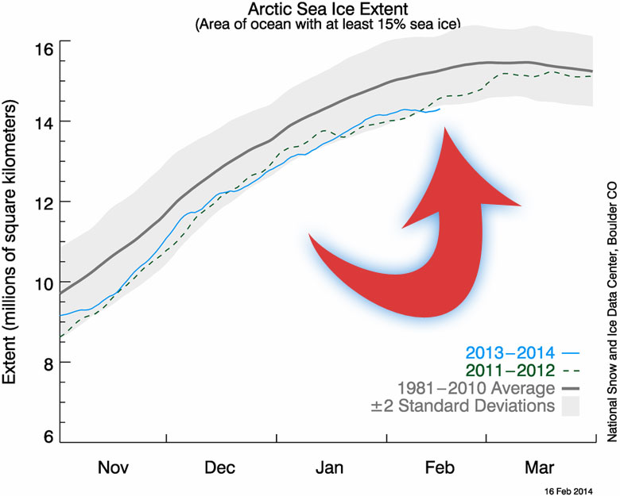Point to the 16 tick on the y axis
point(42,49)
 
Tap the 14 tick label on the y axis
point(42,121)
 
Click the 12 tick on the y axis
point(42,202)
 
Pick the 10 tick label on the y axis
point(42,283)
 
